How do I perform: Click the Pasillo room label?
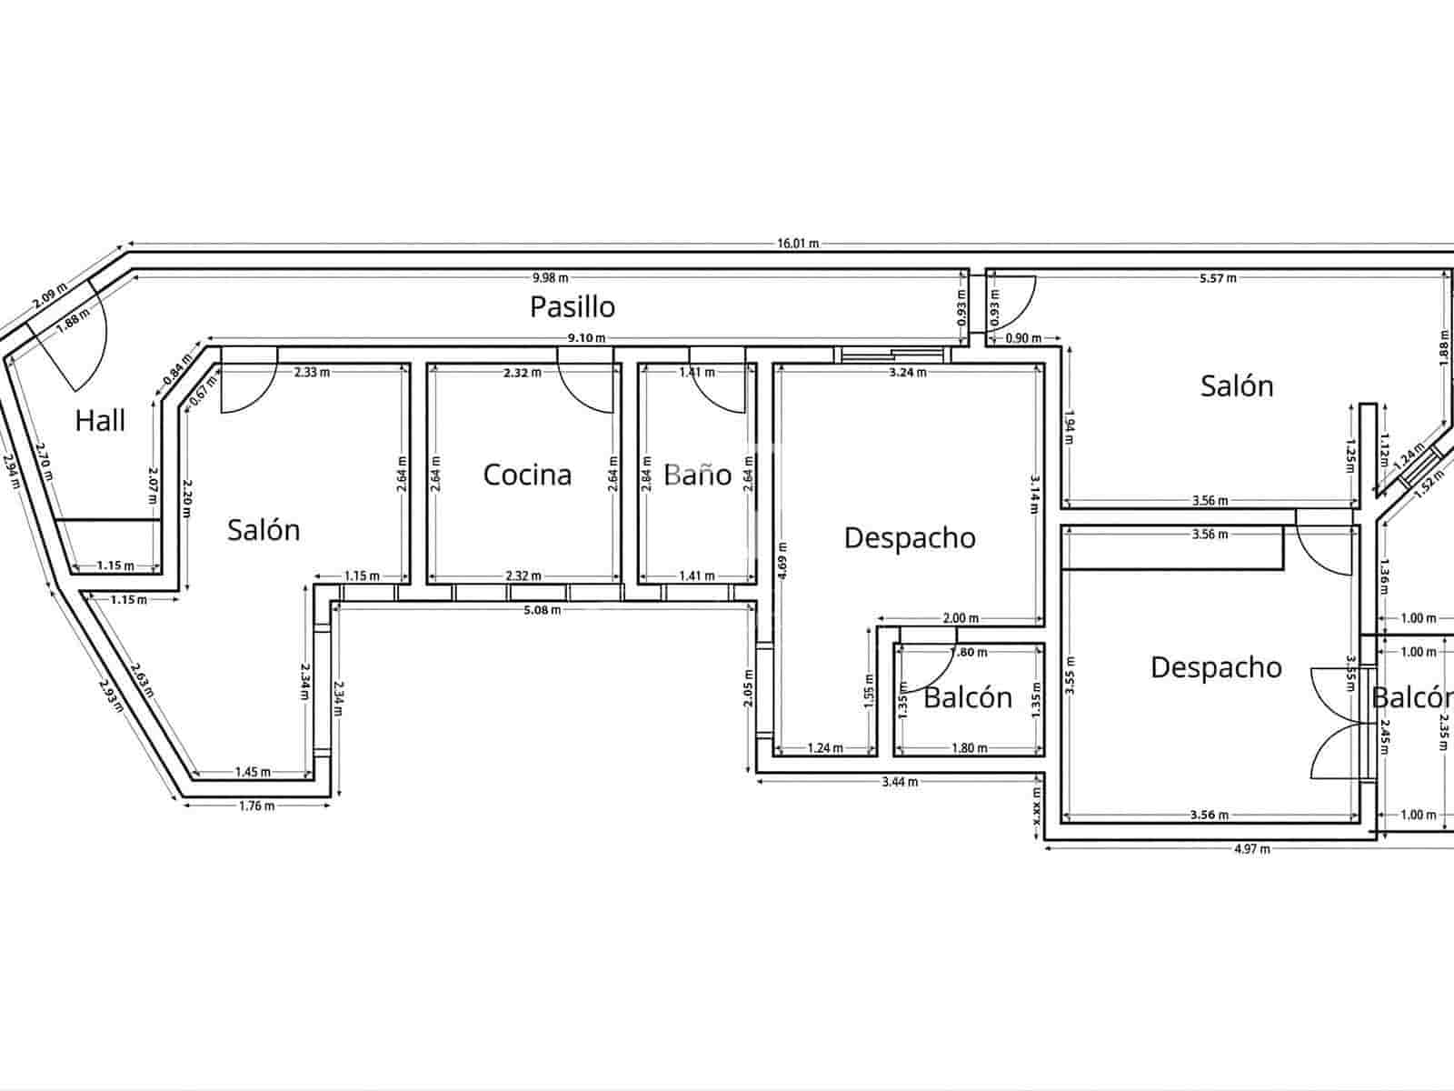[x=573, y=307]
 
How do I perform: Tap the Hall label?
[x=100, y=421]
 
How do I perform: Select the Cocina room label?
[x=527, y=475]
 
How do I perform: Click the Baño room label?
[x=697, y=475]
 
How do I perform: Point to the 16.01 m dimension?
[x=797, y=244]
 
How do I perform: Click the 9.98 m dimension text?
[x=550, y=277]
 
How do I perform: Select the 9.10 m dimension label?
[x=586, y=338]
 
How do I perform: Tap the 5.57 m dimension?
[x=1217, y=278]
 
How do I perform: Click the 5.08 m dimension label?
[x=543, y=610]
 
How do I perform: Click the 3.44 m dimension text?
[x=900, y=782]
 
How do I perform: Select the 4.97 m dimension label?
[x=1251, y=849]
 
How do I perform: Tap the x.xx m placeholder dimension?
[x=1037, y=807]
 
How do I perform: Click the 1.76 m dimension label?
[x=256, y=806]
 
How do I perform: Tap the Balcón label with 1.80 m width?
[x=968, y=698]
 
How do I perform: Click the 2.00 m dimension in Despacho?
[x=961, y=618]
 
